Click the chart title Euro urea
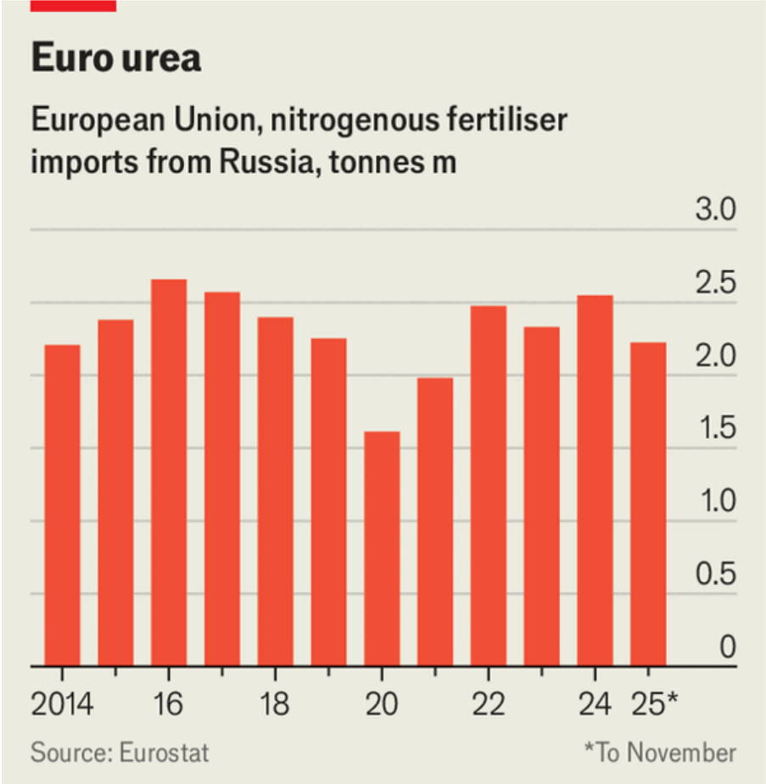click(116, 58)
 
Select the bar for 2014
click(62, 505)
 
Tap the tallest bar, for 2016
click(169, 473)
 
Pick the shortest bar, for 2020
click(382, 549)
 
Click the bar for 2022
click(488, 486)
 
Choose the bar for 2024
click(595, 481)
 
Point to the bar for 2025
click(648, 504)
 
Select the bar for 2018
click(275, 492)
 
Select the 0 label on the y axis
click(727, 648)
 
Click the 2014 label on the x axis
click(62, 704)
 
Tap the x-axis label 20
click(382, 704)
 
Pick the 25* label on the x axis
click(654, 704)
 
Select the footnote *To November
click(659, 752)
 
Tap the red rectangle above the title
click(73, 5)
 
